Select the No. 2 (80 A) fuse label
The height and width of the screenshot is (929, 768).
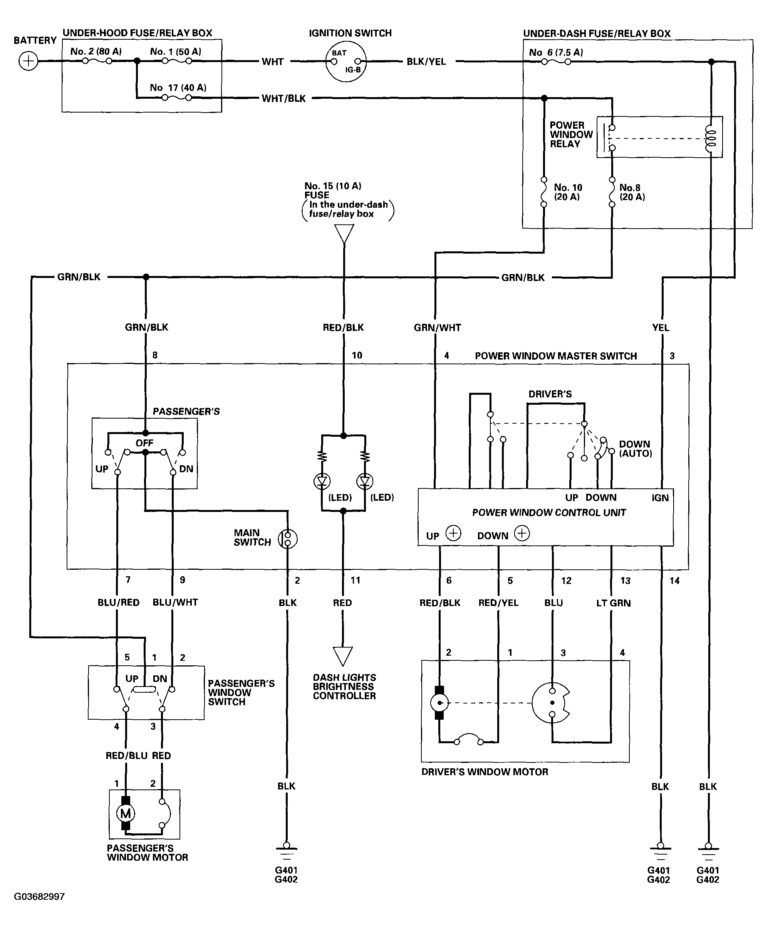coord(96,51)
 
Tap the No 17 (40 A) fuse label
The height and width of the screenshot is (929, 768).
coord(178,88)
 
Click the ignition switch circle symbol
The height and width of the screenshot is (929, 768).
coord(345,62)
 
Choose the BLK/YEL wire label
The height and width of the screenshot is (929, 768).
coord(426,62)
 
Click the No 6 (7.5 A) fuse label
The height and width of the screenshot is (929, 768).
coord(556,52)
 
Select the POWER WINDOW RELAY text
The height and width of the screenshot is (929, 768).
coord(571,135)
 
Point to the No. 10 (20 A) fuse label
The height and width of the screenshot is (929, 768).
coord(568,192)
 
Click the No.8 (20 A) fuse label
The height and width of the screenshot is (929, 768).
coord(632,192)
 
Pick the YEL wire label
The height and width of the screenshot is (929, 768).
coord(661,327)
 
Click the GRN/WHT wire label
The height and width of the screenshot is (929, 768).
coord(437,327)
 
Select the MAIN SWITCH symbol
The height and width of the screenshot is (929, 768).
coord(288,539)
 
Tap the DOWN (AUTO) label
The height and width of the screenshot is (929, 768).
coord(636,449)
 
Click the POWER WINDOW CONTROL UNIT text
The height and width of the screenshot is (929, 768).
coord(549,512)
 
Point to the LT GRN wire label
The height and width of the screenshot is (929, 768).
coord(613,603)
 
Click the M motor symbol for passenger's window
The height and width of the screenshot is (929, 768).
coord(126,813)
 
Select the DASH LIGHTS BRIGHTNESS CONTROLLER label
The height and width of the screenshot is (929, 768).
coord(344,687)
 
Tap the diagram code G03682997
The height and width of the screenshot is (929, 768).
coord(39,897)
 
